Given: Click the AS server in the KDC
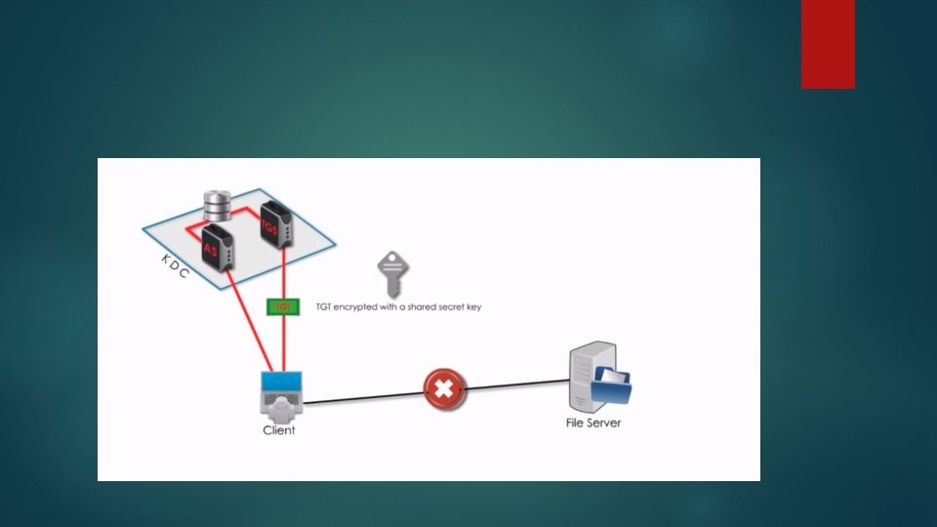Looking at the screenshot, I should click(x=217, y=247).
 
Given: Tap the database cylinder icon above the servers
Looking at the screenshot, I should click(x=216, y=205).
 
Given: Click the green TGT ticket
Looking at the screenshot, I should click(x=282, y=306).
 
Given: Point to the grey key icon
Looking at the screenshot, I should click(x=391, y=273).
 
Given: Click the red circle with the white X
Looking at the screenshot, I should click(x=443, y=389).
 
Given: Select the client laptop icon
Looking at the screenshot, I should click(x=281, y=394).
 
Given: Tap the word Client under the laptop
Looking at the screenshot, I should click(x=278, y=429).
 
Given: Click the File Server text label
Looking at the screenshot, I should click(x=593, y=423).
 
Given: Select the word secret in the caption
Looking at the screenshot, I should click(x=448, y=306).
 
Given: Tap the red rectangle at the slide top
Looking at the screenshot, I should click(x=828, y=44).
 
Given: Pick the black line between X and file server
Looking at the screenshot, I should click(x=517, y=385).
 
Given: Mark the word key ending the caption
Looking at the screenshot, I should click(x=472, y=307).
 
